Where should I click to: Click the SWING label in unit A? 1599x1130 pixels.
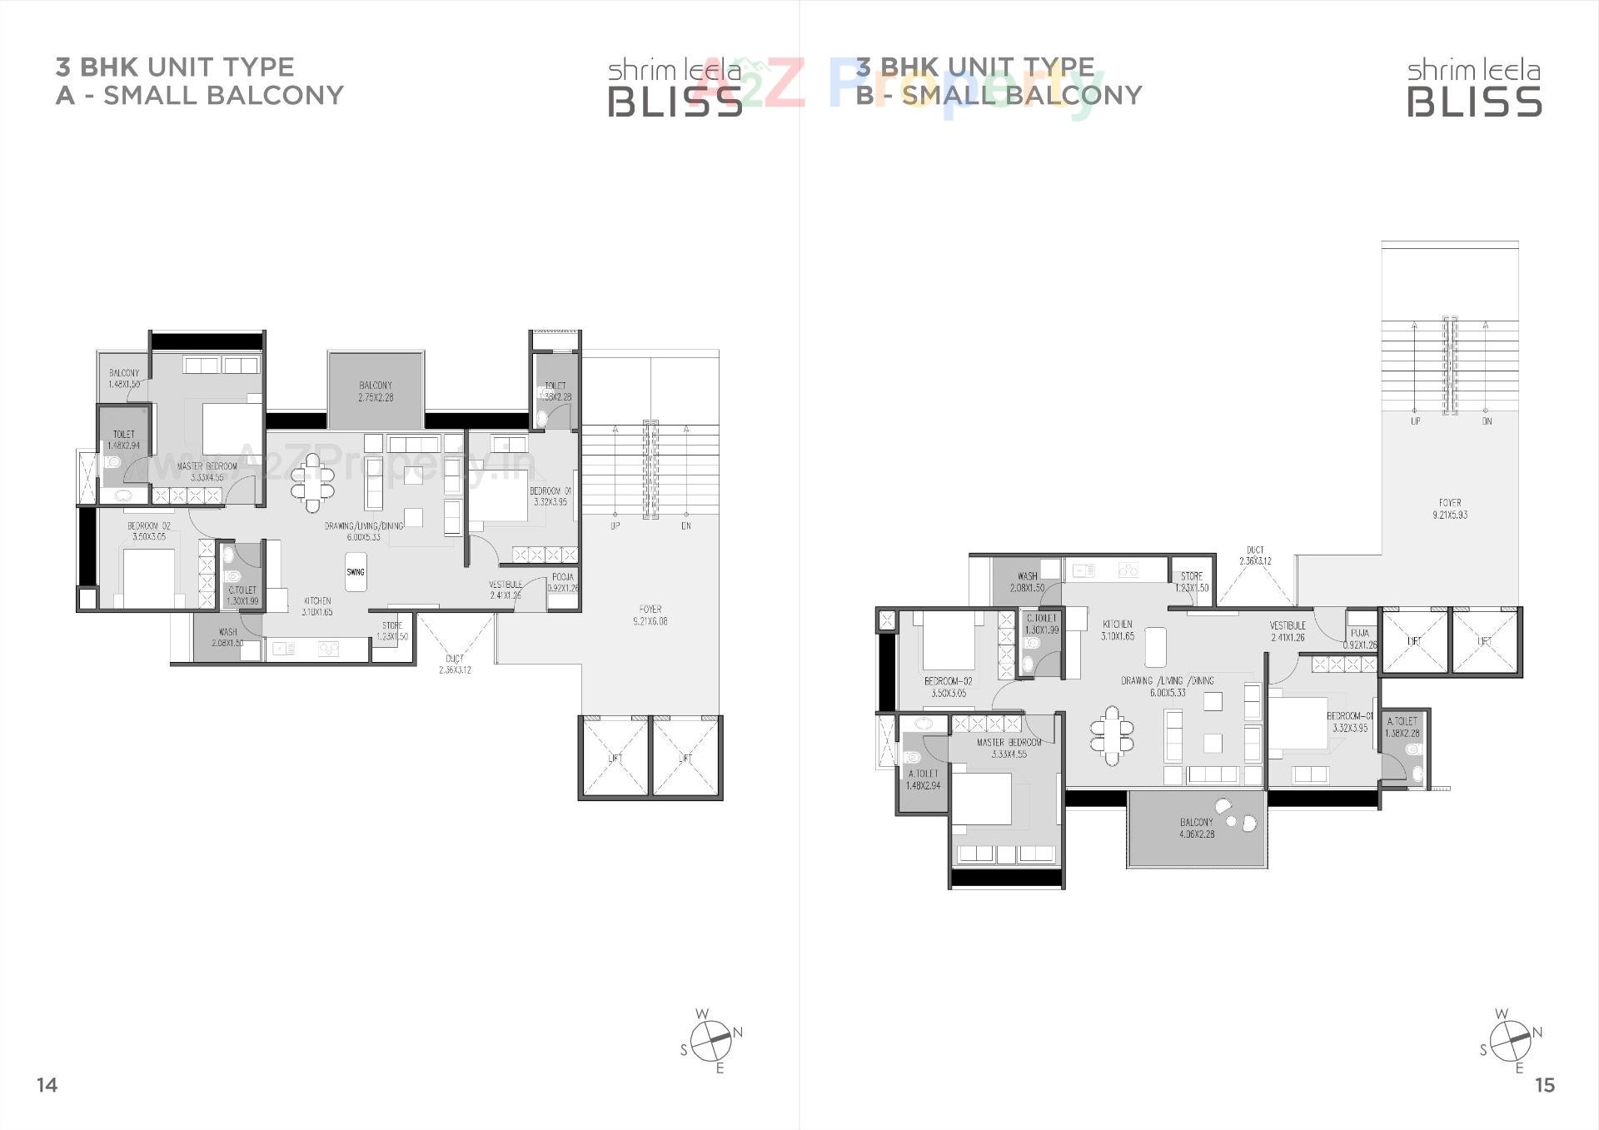click(356, 572)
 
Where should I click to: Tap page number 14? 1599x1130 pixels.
click(47, 1084)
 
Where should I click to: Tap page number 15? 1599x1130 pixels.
click(1544, 1084)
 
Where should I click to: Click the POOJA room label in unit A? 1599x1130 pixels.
click(563, 582)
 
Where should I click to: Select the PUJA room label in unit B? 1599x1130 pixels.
click(1360, 639)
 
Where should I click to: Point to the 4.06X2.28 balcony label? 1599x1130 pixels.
click(1197, 828)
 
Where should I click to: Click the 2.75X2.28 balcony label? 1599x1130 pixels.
click(376, 391)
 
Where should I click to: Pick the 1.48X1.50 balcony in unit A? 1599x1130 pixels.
click(123, 379)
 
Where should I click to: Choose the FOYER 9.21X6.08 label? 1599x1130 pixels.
click(650, 615)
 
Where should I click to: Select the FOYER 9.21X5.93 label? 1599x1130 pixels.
click(1450, 509)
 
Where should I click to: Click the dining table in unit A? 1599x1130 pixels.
click(311, 482)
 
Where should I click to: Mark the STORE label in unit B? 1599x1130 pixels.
click(1192, 581)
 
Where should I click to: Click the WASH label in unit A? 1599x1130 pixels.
click(227, 637)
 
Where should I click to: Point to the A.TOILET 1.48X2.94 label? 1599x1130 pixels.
click(923, 779)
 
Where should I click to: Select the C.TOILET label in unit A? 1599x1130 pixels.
click(242, 595)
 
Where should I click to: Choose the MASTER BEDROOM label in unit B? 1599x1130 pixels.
click(1009, 748)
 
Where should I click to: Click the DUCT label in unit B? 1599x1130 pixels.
click(1255, 555)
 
